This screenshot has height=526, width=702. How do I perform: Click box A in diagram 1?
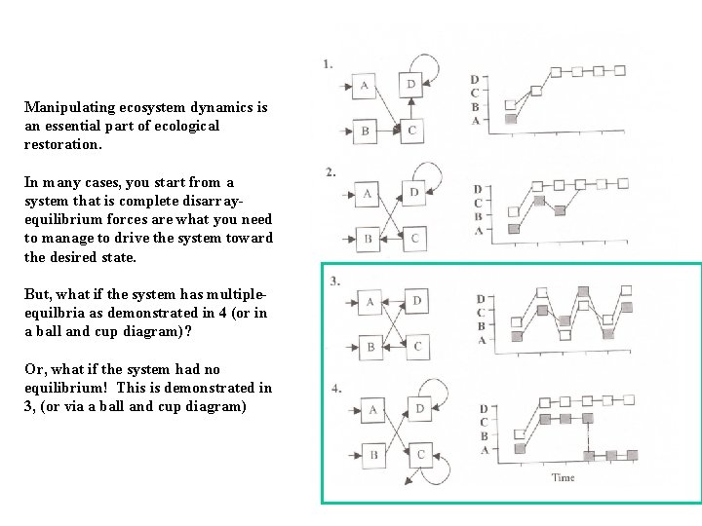click(x=364, y=86)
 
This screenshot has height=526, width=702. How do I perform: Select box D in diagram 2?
click(x=413, y=193)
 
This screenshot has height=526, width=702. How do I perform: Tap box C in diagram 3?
click(x=417, y=347)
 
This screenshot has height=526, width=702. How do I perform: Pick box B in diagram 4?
click(x=373, y=455)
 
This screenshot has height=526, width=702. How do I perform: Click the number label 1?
click(x=328, y=64)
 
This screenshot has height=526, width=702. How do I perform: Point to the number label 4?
click(x=336, y=389)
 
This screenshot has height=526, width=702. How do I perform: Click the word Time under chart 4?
click(x=564, y=477)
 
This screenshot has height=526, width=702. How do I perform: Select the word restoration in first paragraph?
click(x=61, y=144)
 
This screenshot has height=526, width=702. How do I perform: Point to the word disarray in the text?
click(x=211, y=202)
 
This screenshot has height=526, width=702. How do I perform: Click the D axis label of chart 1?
click(x=475, y=80)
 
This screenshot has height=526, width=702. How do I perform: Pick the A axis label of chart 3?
click(x=482, y=340)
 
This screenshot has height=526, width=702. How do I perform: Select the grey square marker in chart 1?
click(x=511, y=119)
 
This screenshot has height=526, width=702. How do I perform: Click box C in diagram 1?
click(x=411, y=131)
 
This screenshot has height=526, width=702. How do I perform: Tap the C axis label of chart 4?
click(x=484, y=422)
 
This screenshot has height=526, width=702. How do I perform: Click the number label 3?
click(x=335, y=282)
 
